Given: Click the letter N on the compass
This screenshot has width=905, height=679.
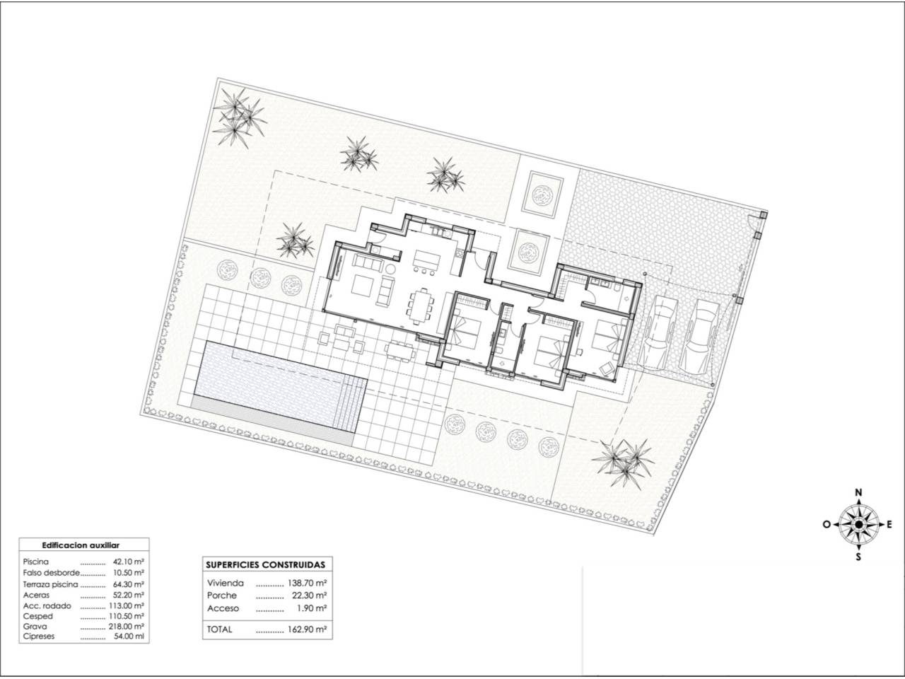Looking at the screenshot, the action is click(x=859, y=492).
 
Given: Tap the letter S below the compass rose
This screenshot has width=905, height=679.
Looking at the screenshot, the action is click(x=859, y=557).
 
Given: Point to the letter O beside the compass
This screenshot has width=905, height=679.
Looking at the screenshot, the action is click(x=827, y=524).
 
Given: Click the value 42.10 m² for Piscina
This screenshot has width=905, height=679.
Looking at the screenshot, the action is click(x=128, y=562).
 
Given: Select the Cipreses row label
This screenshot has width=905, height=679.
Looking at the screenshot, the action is click(x=39, y=636).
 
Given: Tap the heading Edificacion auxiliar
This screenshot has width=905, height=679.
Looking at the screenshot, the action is click(x=81, y=545).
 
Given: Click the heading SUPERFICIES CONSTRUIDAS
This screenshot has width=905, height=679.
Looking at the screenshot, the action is click(x=266, y=565).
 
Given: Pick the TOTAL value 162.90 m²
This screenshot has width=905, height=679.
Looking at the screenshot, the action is click(x=306, y=629).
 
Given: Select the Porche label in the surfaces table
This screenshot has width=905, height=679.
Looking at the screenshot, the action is click(x=222, y=596).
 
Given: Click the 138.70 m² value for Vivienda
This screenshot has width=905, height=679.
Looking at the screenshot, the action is click(x=306, y=583).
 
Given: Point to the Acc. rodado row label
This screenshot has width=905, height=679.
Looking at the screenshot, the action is click(x=47, y=605).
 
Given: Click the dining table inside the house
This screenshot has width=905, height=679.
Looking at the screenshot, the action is click(x=421, y=306).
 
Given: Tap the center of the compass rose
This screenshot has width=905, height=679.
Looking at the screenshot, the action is click(x=859, y=524).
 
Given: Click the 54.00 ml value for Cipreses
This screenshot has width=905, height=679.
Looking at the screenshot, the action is click(x=129, y=636).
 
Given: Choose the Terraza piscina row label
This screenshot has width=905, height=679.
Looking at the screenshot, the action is click(x=50, y=584).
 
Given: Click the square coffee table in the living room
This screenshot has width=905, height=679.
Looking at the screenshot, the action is click(x=363, y=286).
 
